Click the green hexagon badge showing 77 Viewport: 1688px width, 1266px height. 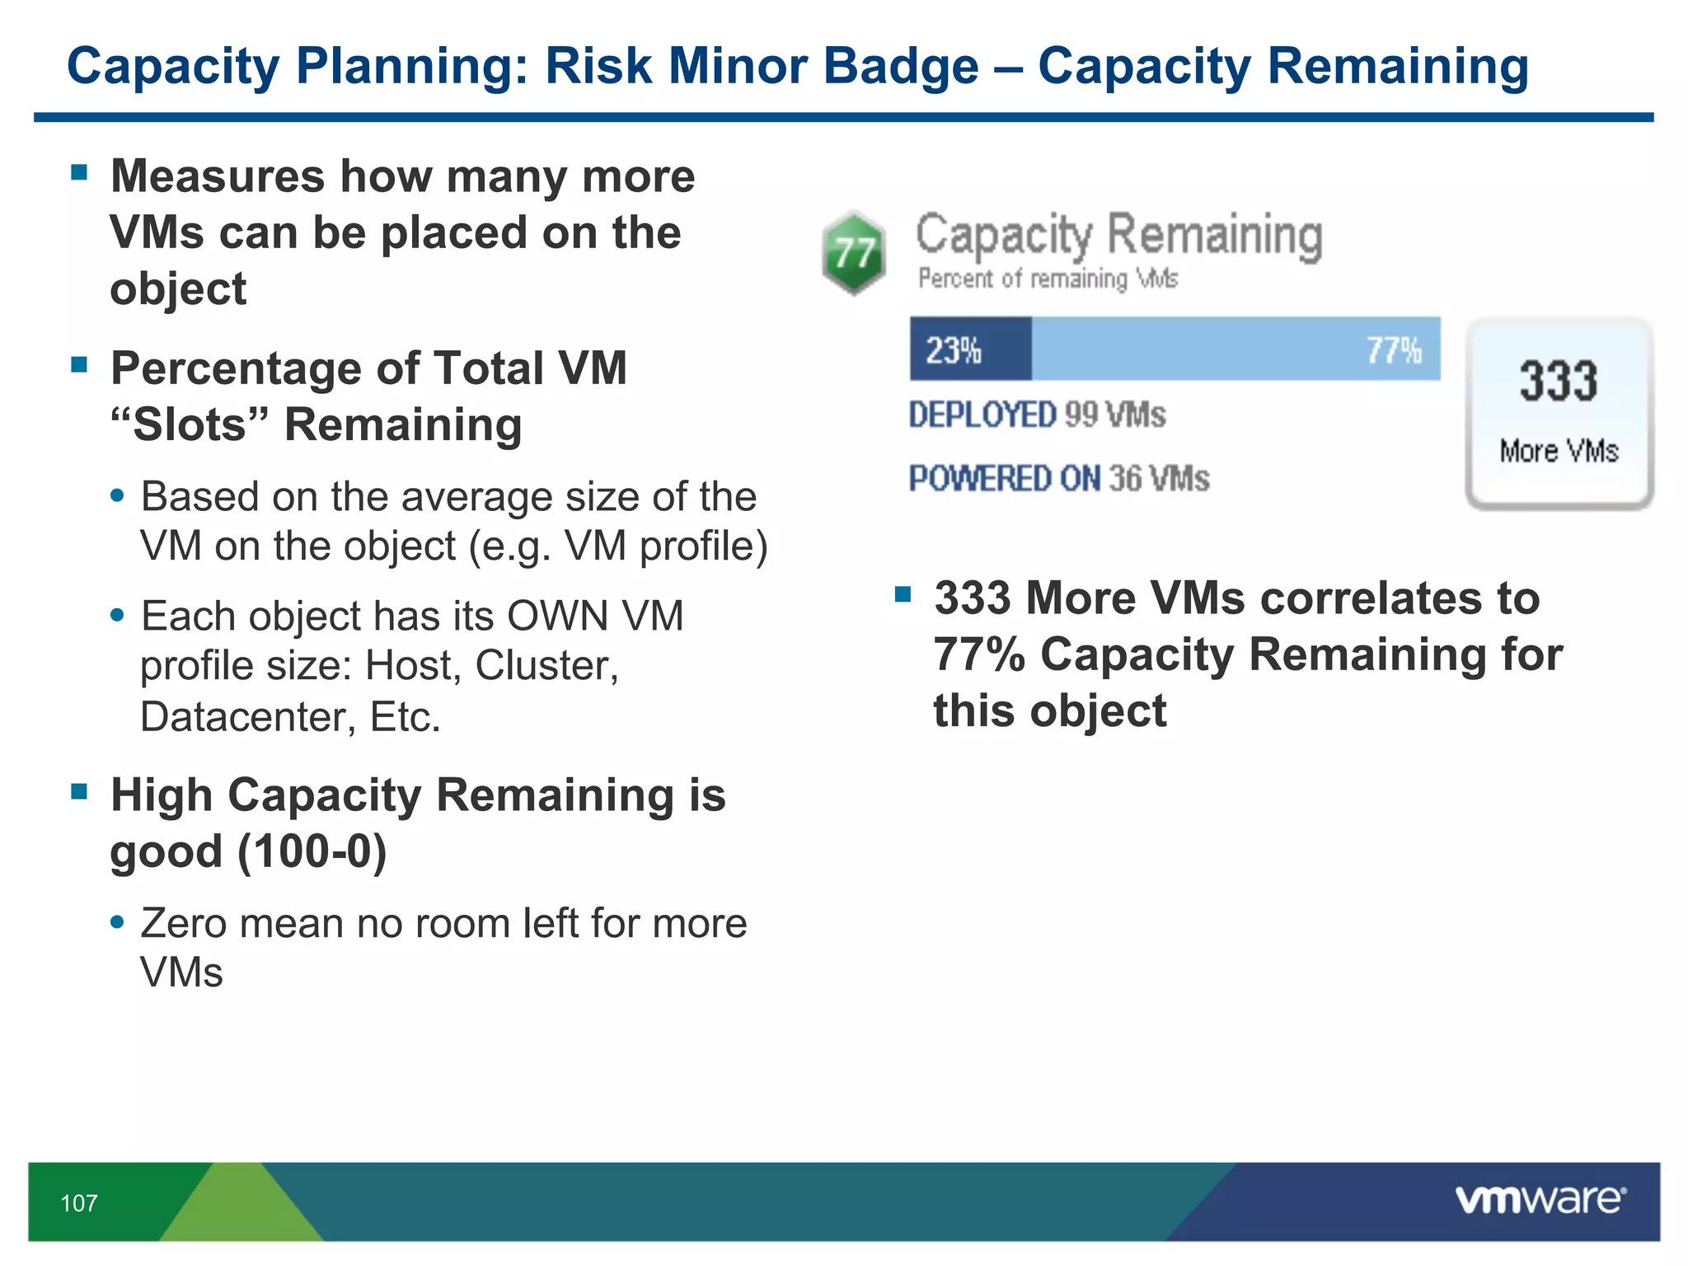[854, 252]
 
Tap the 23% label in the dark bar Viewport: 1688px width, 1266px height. [953, 350]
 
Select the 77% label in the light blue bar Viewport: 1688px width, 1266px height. [1393, 350]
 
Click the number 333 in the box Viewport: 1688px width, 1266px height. [1558, 381]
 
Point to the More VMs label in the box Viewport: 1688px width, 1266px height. [1558, 452]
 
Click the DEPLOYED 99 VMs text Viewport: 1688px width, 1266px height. [1037, 415]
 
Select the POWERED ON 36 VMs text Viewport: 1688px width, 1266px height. [1058, 479]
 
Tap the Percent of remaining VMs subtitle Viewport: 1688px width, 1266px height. [1048, 279]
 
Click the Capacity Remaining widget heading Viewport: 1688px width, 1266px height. [1118, 235]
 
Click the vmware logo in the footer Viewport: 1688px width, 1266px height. [1540, 1200]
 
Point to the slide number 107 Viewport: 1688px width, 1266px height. [79, 1203]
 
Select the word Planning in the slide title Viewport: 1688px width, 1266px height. [411, 68]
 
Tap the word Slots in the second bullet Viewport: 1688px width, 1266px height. [190, 425]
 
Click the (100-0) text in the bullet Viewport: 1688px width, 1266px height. [312, 852]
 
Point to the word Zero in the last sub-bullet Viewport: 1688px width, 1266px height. [183, 923]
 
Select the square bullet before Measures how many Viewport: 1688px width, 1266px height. [79, 172]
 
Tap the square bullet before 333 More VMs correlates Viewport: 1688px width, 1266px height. [903, 594]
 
